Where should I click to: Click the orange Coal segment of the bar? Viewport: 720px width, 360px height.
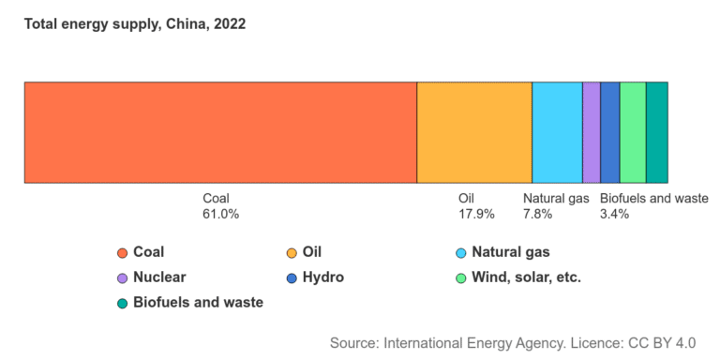point(220,132)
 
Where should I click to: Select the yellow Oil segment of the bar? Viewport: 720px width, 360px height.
point(474,132)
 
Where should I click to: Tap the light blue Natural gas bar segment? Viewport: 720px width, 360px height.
point(557,132)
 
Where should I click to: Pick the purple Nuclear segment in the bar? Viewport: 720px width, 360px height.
point(592,132)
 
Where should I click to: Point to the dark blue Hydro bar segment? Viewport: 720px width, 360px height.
point(609,132)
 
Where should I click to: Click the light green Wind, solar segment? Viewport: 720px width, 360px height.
point(633,132)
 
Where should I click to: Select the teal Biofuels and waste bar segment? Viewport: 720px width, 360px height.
point(657,132)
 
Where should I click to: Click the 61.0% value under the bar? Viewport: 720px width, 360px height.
point(221,214)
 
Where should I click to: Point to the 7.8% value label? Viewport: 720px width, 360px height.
point(538,214)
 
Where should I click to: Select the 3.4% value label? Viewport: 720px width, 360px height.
point(614,214)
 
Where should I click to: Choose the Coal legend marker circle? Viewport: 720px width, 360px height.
point(122,253)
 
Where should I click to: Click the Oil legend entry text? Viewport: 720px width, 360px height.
point(312,252)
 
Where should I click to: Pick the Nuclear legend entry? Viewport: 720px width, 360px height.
point(159,277)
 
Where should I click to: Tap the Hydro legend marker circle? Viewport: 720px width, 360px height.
point(292,278)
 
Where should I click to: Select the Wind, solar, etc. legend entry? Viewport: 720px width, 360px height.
point(526,277)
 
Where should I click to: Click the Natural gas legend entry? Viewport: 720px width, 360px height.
point(510,252)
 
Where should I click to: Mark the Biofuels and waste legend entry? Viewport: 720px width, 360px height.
point(198,303)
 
